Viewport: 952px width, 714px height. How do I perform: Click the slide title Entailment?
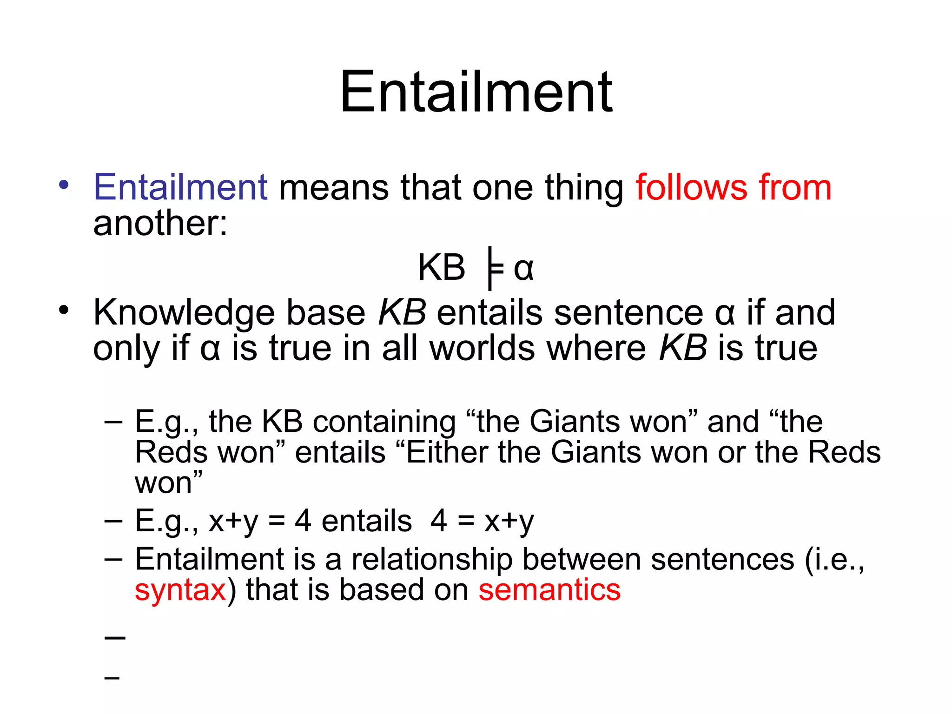[476, 92]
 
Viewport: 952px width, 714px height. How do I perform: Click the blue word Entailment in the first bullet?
[180, 187]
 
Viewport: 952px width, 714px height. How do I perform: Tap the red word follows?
[691, 187]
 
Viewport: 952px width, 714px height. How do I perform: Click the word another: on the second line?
[160, 223]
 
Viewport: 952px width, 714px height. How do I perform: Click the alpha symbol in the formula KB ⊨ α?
[524, 269]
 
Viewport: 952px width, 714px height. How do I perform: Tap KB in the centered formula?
[441, 268]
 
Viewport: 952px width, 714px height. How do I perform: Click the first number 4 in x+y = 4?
[303, 521]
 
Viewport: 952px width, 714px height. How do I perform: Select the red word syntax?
[180, 590]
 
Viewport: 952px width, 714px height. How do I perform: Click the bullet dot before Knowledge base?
[64, 310]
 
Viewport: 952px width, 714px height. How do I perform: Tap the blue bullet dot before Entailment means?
[64, 185]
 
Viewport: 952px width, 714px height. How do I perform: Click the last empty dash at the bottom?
[112, 678]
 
